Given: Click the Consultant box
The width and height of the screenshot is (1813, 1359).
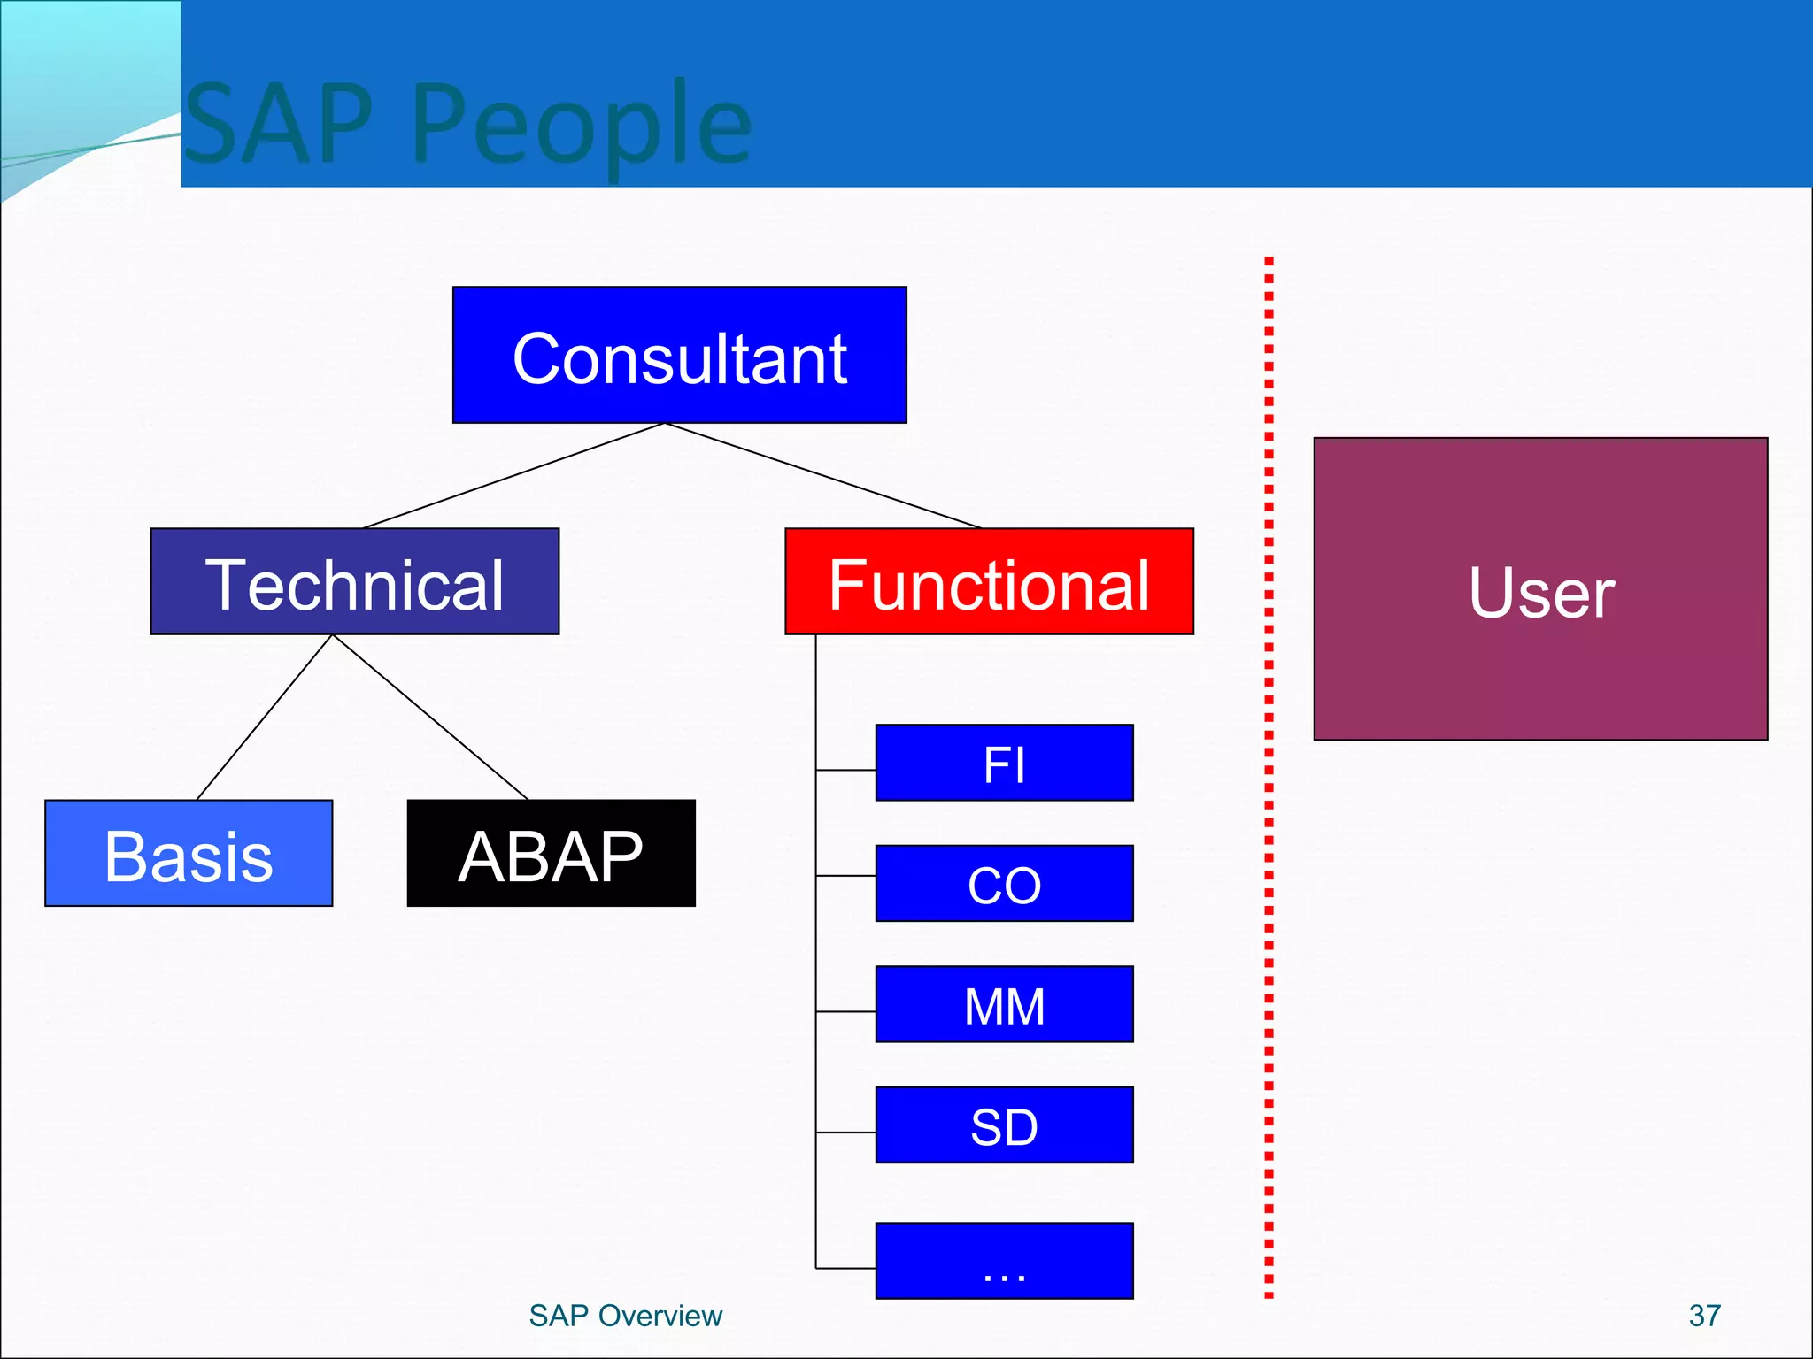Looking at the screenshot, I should (x=679, y=355).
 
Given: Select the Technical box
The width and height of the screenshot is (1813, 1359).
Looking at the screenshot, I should (x=354, y=581).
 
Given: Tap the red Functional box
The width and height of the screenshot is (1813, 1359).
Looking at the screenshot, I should (x=989, y=581).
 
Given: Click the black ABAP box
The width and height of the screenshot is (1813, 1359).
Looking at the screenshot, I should (x=551, y=853).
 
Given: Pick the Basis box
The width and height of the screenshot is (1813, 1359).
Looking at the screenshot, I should (x=189, y=853).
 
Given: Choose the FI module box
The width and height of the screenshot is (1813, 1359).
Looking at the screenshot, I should (x=1004, y=763).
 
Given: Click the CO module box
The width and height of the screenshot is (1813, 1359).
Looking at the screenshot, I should (x=1004, y=883).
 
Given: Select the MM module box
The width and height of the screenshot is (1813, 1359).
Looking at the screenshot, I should (x=1004, y=1004).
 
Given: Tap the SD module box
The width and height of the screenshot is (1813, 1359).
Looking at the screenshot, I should (x=1004, y=1125).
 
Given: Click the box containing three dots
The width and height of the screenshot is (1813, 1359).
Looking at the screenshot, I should (x=1004, y=1261).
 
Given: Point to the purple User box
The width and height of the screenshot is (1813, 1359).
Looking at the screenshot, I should (x=1540, y=588).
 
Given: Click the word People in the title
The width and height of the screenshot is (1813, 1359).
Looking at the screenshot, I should (x=581, y=124).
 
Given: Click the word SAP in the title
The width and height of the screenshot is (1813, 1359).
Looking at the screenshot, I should (x=280, y=124).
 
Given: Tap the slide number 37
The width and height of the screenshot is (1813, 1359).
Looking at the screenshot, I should (x=1704, y=1316).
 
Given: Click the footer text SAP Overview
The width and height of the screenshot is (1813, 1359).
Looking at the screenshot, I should (x=625, y=1316).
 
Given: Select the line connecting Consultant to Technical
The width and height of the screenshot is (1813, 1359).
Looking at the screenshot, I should (x=513, y=476).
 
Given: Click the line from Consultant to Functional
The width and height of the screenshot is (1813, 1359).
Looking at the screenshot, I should (x=823, y=476).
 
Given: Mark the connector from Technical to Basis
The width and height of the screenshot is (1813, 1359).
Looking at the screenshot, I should (x=264, y=718).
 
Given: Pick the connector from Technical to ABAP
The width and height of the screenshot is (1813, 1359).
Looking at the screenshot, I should (x=430, y=718).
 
